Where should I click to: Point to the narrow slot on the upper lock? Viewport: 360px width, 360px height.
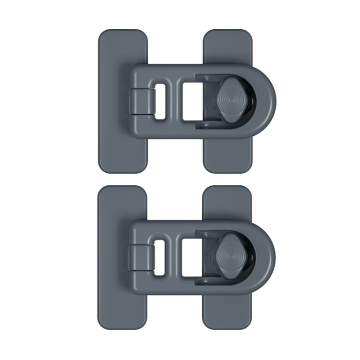(160, 100)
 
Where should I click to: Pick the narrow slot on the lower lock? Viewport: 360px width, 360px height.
(160, 257)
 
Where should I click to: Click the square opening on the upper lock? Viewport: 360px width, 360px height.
(190, 100)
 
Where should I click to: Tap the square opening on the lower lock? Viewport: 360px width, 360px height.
(190, 257)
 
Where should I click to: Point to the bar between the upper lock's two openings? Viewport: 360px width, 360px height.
(173, 100)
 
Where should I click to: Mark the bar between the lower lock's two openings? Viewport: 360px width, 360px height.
(173, 257)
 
